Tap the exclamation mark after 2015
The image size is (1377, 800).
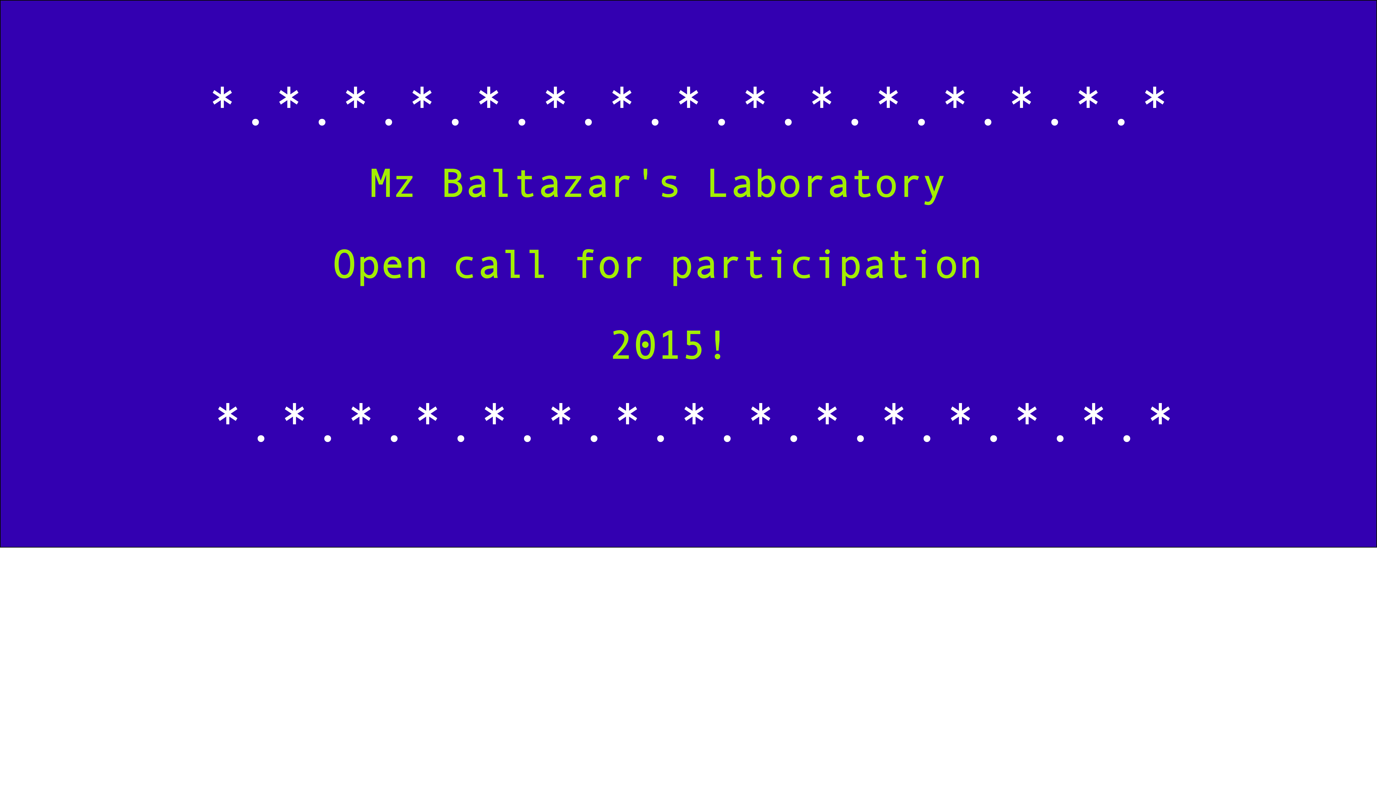pyautogui.click(x=717, y=345)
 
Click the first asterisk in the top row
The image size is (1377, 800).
pyautogui.click(x=222, y=99)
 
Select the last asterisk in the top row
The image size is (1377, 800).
pyautogui.click(x=1155, y=99)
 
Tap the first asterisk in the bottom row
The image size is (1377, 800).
pyautogui.click(x=228, y=415)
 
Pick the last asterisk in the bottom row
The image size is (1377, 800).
pyautogui.click(x=1160, y=415)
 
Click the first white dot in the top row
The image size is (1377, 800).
pyautogui.click(x=256, y=122)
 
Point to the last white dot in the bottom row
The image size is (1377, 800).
pyautogui.click(x=1127, y=439)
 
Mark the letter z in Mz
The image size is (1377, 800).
pyautogui.click(x=404, y=187)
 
